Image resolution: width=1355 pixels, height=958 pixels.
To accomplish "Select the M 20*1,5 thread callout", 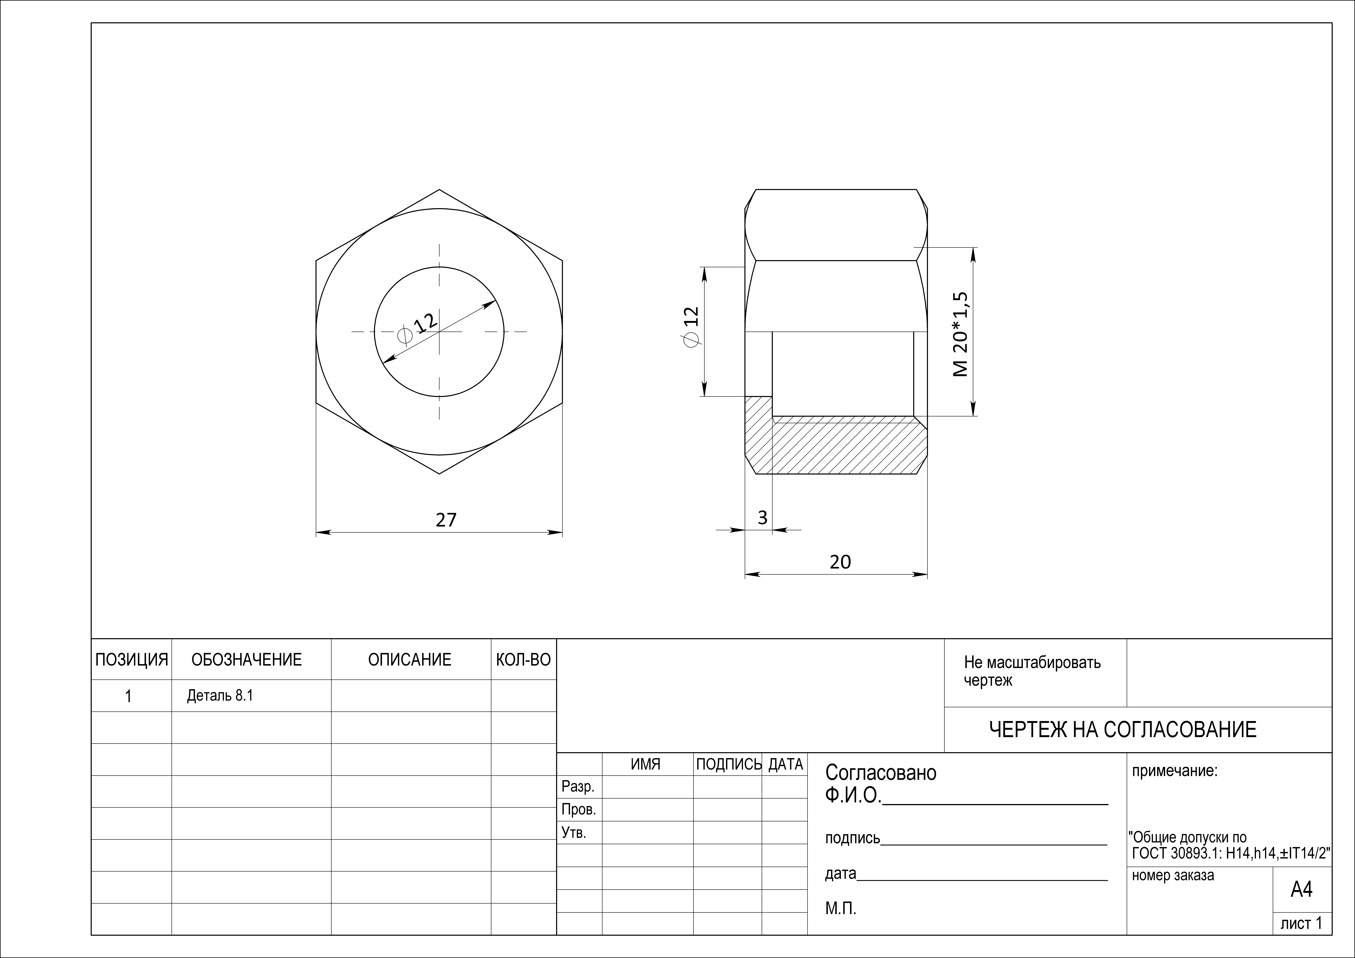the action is coord(960,334).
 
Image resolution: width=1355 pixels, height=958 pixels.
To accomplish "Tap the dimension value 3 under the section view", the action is coord(763,518).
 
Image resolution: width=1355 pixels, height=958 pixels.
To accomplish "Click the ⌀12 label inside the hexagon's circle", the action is coord(418,328).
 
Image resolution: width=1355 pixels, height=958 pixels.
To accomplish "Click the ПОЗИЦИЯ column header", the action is coord(132,660).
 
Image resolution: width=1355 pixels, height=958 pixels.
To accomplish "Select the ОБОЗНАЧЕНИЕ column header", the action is coord(247,660).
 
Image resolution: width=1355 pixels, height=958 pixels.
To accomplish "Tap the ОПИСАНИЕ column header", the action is coord(410,660).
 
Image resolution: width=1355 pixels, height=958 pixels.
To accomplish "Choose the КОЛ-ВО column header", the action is coord(524,660).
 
